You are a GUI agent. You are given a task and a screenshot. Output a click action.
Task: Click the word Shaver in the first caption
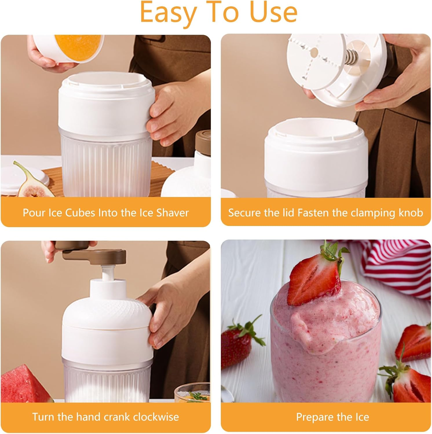(x=173, y=213)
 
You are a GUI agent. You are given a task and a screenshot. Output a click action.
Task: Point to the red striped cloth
(x=400, y=269)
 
